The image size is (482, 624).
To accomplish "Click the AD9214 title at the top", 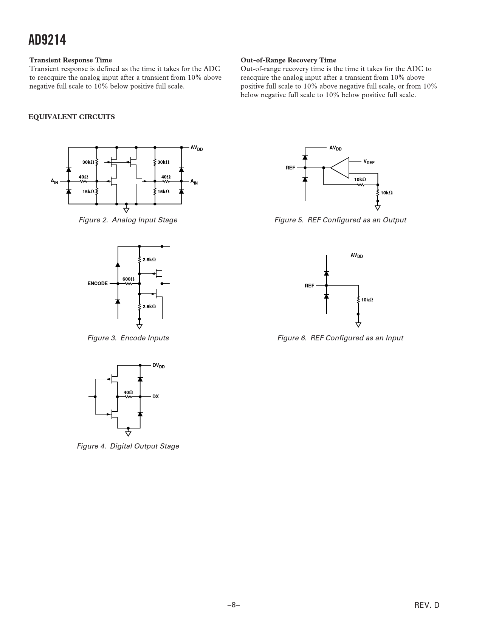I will [47, 40].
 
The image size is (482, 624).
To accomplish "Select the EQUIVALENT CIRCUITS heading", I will [72, 117].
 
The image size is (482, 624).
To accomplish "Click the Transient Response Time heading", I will [71, 60].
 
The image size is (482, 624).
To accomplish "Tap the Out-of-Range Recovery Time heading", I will [288, 60].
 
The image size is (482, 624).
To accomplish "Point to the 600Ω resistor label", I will [128, 279].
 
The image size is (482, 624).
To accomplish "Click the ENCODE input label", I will [98, 284].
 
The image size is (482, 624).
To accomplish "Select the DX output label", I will [155, 397].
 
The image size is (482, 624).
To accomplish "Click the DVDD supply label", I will [158, 366].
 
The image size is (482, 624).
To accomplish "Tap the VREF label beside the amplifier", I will [369, 162].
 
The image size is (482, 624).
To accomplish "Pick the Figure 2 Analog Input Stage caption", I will [128, 220].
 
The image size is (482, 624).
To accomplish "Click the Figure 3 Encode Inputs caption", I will [128, 338].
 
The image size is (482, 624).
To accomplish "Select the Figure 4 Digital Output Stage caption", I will [128, 446].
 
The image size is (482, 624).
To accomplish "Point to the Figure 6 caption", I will [340, 338].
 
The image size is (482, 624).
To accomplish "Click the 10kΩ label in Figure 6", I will [367, 300].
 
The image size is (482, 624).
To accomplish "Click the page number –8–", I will [234, 605].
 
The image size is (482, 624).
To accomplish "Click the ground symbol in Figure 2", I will [126, 210].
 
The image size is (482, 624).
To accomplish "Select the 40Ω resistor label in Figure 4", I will [128, 393].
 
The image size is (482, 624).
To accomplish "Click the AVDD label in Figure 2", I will [197, 148].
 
